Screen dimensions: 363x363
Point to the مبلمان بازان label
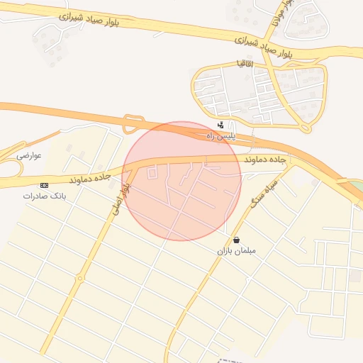(x=236, y=250)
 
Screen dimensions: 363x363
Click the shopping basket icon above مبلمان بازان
(x=236, y=240)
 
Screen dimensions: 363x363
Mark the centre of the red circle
(x=181, y=181)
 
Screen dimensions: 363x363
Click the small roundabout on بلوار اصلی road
(x=80, y=279)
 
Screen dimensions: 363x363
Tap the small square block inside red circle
(x=152, y=172)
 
